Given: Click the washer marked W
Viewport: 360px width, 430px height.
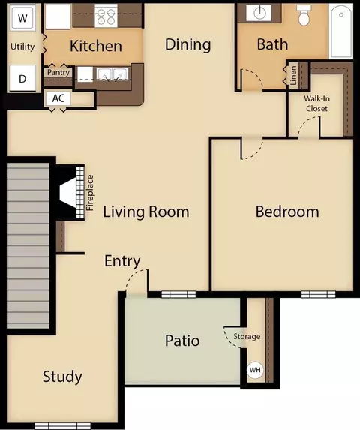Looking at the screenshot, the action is [22, 18].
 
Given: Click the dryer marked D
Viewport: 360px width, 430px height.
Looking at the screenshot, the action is [22, 78].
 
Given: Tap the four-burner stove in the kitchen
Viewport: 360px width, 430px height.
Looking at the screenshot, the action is [106, 16].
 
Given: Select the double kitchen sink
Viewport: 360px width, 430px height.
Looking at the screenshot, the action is [112, 74].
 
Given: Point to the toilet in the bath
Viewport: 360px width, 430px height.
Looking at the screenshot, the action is [304, 15].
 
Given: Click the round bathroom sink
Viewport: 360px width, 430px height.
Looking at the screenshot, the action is [259, 13].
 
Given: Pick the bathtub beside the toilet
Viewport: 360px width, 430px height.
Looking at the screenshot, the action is [340, 31].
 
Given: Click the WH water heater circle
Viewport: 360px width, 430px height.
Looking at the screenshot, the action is [255, 370].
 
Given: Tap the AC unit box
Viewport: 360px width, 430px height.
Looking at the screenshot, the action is [58, 98].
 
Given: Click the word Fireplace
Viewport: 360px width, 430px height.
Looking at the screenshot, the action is [90, 193].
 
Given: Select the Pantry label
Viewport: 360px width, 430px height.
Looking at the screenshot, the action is [58, 72].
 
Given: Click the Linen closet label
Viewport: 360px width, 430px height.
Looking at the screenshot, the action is [293, 75].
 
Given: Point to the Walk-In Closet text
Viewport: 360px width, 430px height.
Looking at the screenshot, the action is [317, 104].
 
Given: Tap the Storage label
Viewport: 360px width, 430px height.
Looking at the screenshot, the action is [247, 336].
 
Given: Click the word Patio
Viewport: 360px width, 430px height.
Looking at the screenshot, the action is [182, 341].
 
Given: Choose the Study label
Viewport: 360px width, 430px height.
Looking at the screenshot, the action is [62, 377].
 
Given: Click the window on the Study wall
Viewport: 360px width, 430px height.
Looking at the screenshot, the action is [63, 426].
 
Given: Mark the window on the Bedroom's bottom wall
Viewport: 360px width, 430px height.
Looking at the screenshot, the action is [318, 294].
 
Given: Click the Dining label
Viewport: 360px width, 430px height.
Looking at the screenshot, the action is [188, 45].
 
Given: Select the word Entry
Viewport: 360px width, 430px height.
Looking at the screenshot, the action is [122, 261].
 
